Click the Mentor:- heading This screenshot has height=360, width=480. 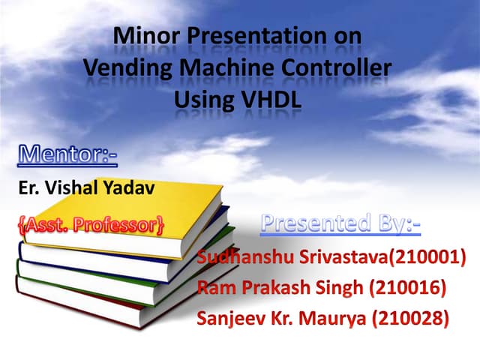[x=67, y=156]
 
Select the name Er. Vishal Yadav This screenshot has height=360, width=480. [x=86, y=187]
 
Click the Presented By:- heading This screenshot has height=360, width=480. [x=340, y=223]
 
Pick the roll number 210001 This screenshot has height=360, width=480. [x=433, y=258]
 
